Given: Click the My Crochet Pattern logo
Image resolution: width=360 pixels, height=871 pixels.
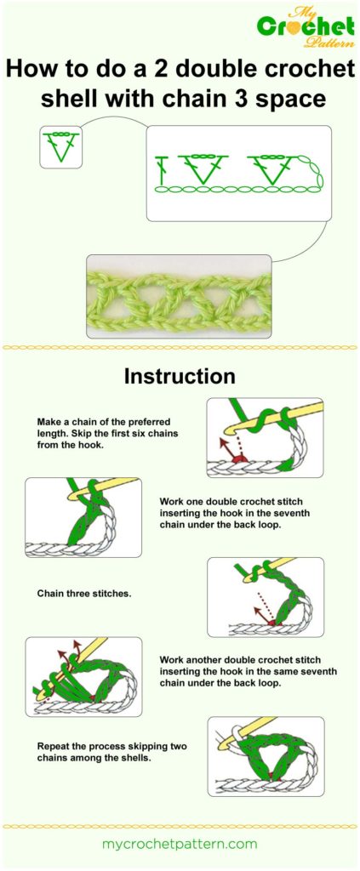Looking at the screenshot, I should [x=306, y=26].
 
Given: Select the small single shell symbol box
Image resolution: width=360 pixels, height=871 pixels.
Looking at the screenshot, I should [x=60, y=147].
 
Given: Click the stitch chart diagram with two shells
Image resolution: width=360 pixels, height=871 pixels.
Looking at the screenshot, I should [x=237, y=174].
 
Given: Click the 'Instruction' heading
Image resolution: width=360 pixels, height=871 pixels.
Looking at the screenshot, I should [x=180, y=376].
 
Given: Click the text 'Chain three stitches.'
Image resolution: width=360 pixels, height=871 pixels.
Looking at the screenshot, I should [x=84, y=593].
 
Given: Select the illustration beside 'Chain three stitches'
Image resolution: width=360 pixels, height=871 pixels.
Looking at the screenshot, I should [x=265, y=597].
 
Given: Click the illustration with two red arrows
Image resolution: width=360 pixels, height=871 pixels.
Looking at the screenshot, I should [x=83, y=676].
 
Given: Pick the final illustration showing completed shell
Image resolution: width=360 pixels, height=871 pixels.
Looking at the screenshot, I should [x=265, y=756].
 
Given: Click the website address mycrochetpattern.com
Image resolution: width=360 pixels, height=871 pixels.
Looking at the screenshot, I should [x=180, y=844].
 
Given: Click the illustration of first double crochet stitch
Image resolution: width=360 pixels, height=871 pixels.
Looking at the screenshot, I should [x=83, y=517].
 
